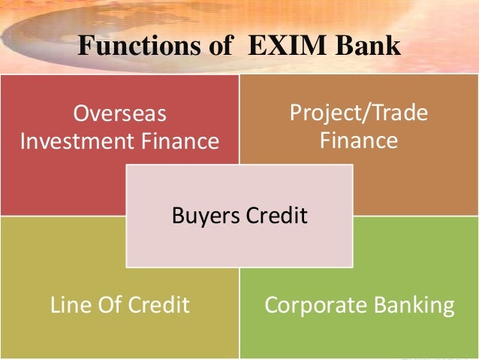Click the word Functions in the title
pos(137,47)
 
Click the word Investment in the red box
pos(78,141)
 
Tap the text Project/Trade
pos(359,114)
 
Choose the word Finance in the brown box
pos(359,141)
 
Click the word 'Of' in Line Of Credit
pos(105,305)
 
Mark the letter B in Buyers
pos(177,216)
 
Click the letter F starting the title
pos(85,47)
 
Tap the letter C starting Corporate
pos(270,305)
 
